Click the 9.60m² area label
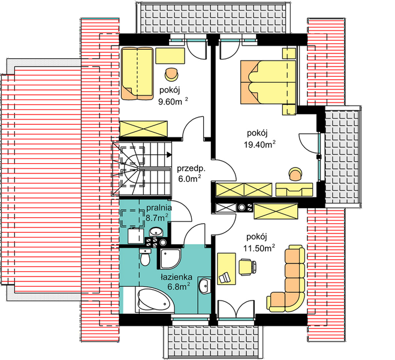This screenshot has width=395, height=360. pos(173,101)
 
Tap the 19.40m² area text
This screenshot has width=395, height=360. pos(260,145)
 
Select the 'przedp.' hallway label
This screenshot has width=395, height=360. pos(191,169)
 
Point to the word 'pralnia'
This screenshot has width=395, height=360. pos(159,208)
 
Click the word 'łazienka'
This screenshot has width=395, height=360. pos(177,277)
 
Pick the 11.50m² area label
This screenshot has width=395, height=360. pos(259,248)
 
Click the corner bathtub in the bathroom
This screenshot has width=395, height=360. pos(155,301)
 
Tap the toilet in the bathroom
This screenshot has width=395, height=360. pos(145,257)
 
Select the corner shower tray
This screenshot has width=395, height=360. pos(170,259)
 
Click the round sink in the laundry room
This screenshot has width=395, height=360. pos(156,232)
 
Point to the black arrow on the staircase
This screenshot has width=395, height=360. pos(169,154)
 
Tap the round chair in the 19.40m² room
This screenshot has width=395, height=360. pos(296,174)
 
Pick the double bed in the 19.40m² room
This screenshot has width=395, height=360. pos(268,82)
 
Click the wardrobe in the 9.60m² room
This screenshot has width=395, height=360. pos(143,129)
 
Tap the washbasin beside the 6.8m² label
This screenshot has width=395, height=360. pos(205,286)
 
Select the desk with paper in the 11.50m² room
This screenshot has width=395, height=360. pos(227,269)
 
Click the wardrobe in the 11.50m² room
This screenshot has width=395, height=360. pos(276,211)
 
